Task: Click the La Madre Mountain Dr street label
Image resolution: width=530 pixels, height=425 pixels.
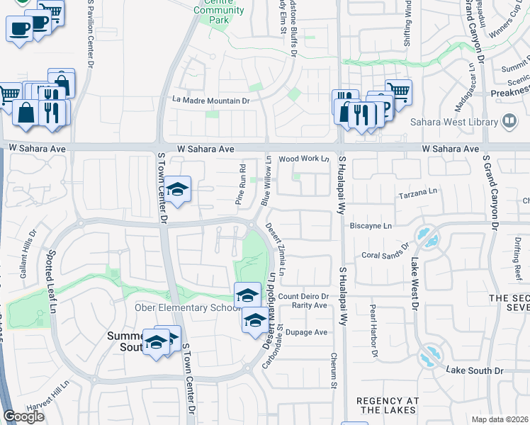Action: (x=212, y=101)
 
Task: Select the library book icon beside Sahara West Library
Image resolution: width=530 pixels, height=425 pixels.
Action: (x=508, y=122)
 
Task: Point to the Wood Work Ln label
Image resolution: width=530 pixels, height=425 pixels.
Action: (x=305, y=160)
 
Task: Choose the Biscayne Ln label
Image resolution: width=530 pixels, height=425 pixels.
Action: (x=371, y=226)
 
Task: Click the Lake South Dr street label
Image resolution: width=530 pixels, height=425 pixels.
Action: (x=474, y=370)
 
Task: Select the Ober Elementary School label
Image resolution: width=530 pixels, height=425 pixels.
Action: (x=182, y=307)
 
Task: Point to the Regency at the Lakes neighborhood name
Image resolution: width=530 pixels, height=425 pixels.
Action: (x=387, y=406)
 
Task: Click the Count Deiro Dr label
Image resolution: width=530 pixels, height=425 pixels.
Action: (x=303, y=296)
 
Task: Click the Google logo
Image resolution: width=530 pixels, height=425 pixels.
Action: (x=23, y=416)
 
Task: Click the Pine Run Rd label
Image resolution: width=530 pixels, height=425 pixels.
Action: (x=242, y=183)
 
